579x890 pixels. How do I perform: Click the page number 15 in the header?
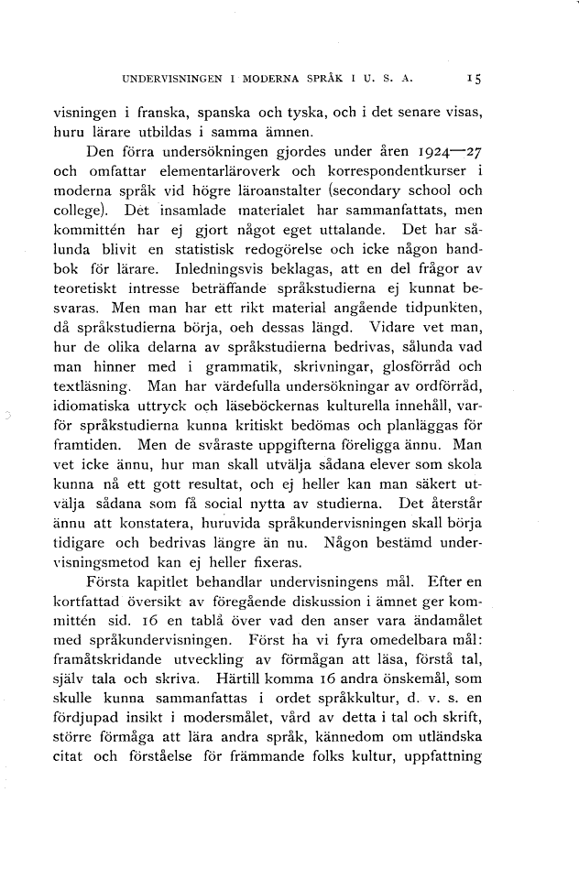pos(474,80)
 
